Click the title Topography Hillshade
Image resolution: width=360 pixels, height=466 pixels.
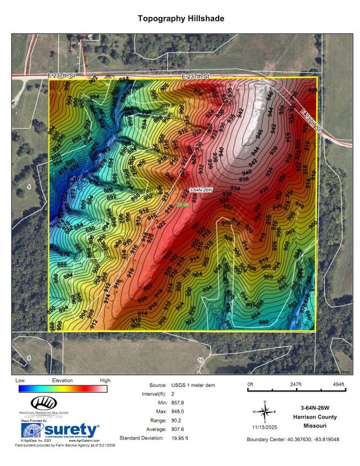(181, 19)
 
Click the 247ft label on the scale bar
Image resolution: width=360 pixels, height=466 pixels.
(295, 384)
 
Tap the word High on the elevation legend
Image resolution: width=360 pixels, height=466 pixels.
(105, 380)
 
